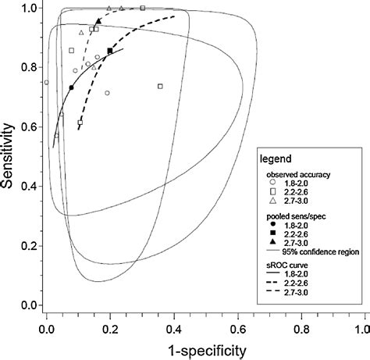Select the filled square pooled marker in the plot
click(x=110, y=52)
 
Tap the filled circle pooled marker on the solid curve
click(x=71, y=87)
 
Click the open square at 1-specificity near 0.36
click(x=160, y=86)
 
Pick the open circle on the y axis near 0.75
click(x=46, y=82)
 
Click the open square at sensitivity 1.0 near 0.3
click(x=143, y=8)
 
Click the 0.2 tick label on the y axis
click(x=30, y=245)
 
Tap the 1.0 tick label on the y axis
click(x=30, y=8)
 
